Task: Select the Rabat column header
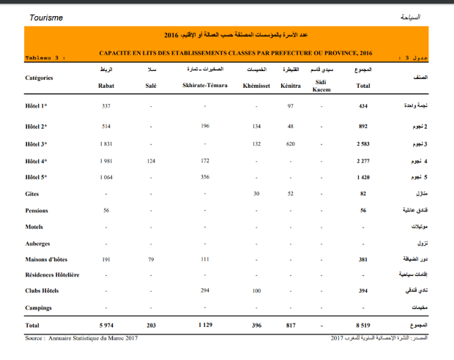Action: coord(105,86)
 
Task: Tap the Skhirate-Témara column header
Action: coord(206,86)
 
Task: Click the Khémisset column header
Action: coord(256,86)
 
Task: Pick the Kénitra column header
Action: coord(291,86)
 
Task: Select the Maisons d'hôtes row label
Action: coord(46,259)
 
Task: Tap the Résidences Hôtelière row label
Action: coord(52,274)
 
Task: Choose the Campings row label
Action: coord(39,307)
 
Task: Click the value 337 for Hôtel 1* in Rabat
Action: coord(105,107)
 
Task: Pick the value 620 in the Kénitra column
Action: coord(291,143)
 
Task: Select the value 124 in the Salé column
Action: coord(152,160)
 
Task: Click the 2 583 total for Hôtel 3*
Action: coord(362,143)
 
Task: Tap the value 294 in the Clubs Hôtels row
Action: coord(205,290)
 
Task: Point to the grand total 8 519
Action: coord(362,324)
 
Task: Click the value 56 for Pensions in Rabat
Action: coord(105,210)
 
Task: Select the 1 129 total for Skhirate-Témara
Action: coord(205,324)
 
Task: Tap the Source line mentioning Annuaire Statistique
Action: coord(81,338)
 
